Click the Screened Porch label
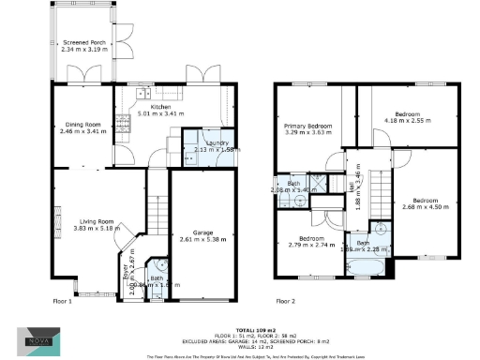coord(83,42)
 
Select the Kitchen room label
coord(133,107)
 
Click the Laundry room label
coord(207,142)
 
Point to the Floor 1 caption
coord(62,302)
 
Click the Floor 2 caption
coord(285,302)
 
